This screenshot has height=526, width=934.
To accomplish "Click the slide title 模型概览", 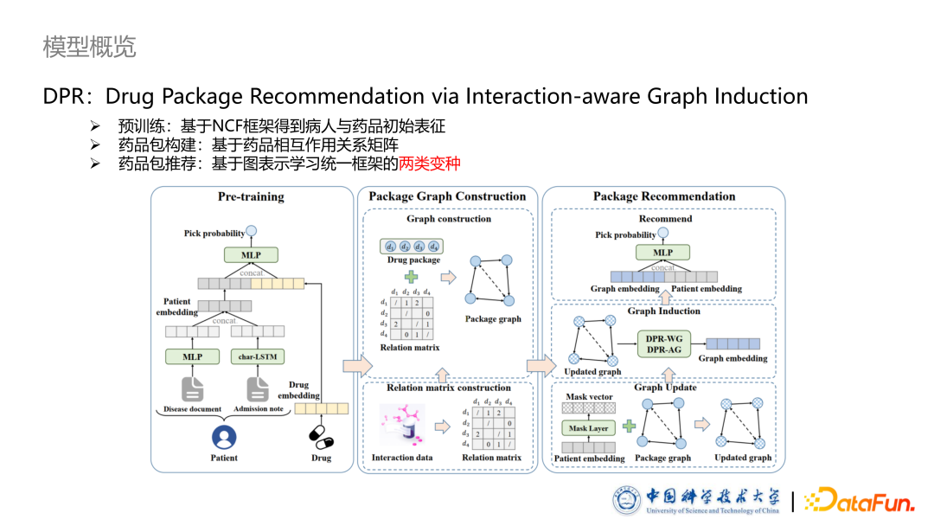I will [x=89, y=47].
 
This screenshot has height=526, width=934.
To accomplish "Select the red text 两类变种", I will [x=430, y=163].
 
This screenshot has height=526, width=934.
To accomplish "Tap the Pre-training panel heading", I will [x=251, y=197].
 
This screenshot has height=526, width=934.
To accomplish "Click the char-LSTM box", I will [x=257, y=356].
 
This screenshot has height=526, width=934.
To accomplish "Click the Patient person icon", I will [x=224, y=436].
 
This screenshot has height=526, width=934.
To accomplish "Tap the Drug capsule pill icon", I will [x=321, y=436].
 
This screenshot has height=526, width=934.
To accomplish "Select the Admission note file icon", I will [x=257, y=388].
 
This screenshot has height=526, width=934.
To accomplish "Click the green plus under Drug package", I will [x=413, y=277].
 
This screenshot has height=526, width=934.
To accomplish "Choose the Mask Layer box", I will [x=588, y=427].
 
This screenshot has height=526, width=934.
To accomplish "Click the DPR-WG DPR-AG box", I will [x=663, y=344].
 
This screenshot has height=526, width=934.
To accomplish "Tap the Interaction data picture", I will [x=399, y=427].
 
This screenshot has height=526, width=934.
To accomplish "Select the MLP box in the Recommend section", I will [x=663, y=252].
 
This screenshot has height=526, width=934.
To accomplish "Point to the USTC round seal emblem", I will [x=626, y=500].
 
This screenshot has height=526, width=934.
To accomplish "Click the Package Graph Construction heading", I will [x=447, y=197].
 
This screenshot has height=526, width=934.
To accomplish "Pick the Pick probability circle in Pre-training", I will [x=252, y=231].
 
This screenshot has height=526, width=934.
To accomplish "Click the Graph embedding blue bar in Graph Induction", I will [x=732, y=343].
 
